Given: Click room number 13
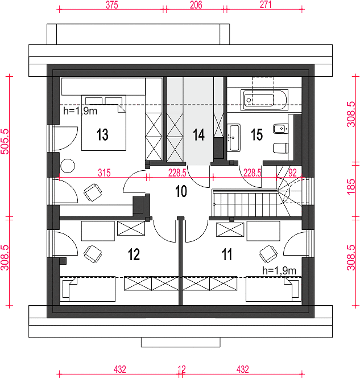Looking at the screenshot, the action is (x=102, y=134).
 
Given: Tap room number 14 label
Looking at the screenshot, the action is (x=198, y=134).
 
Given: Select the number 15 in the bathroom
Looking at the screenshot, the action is (x=256, y=134).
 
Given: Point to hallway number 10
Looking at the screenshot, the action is (x=181, y=191).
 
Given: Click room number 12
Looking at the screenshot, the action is (x=134, y=254).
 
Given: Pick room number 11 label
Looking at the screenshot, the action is (x=227, y=254).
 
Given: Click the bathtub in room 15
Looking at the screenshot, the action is (x=264, y=100).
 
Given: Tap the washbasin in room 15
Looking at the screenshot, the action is (x=234, y=138).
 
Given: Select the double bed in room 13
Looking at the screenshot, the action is (x=104, y=123).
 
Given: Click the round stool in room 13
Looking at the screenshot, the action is (x=68, y=166).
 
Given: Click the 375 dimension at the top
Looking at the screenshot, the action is (x=112, y=5).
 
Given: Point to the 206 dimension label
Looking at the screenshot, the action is (x=196, y=5).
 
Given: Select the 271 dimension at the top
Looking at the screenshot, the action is (x=266, y=5).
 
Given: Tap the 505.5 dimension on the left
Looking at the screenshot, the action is (x=5, y=142).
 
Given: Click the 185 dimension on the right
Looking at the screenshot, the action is (x=351, y=186).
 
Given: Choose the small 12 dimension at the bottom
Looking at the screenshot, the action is (x=182, y=369).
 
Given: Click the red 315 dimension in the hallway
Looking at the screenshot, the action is (x=104, y=173).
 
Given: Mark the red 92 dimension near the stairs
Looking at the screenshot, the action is (x=292, y=173).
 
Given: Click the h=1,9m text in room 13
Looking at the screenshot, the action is (x=80, y=111).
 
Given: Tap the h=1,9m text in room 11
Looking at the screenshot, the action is (x=279, y=271).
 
